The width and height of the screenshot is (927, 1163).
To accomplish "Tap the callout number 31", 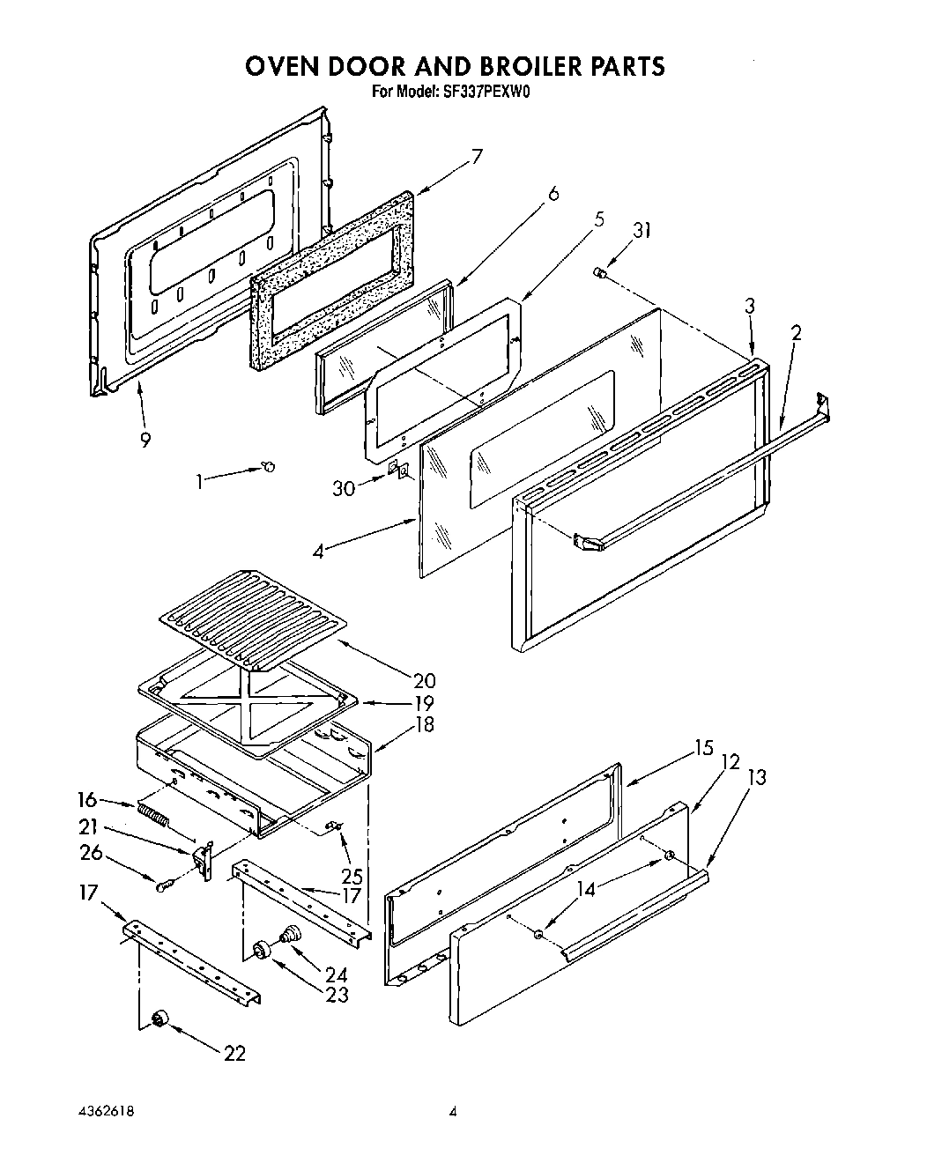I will pos(642,231).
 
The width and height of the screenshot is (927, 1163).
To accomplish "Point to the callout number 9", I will pos(145,441).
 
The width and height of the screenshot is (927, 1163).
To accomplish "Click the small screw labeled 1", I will pos(270,466).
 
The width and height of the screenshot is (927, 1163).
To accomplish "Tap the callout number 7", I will pos(476,158).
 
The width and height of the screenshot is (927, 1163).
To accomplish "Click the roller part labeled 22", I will pos(159,1019).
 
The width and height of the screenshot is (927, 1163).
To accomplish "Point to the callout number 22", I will pos(234,1053).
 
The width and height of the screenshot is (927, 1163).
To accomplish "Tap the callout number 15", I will pos(702,748).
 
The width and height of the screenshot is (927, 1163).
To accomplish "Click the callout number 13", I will pos(756,777).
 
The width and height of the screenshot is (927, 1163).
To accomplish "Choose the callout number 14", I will pos(585,890).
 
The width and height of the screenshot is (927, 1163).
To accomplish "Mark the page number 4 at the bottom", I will pos(453,1113).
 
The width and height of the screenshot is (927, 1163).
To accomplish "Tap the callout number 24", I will pos(335,975).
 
